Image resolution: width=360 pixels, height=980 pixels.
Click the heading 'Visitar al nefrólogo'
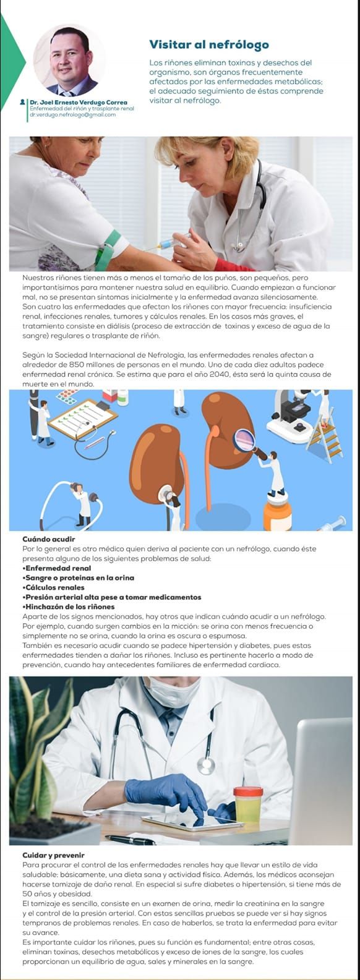coord(209,45)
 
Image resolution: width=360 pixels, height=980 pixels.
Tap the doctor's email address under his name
coord(72,114)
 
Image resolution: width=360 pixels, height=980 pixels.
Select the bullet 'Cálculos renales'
coord(53,587)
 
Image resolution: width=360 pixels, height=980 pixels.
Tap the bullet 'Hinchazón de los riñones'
coord(68,607)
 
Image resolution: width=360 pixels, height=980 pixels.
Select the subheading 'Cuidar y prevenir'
coord(53,855)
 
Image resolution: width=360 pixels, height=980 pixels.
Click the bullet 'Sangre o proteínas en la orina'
coord(79,578)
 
